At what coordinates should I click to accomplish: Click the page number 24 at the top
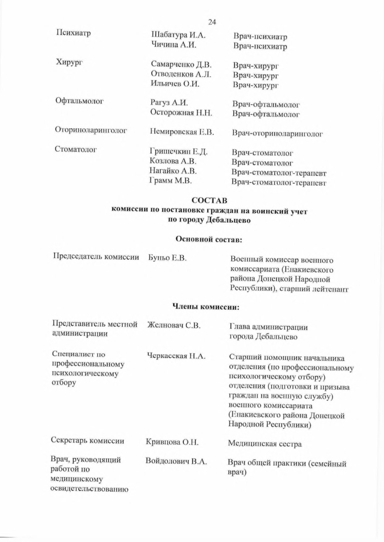212,22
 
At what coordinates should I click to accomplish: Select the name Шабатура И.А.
178,35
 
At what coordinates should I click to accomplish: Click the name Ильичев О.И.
175,83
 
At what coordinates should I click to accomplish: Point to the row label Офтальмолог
79,101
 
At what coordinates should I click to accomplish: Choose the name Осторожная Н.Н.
181,112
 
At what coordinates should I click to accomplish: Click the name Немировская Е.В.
182,132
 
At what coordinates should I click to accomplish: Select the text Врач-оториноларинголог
277,133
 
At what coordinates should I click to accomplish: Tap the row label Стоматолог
76,149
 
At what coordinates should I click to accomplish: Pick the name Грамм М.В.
171,180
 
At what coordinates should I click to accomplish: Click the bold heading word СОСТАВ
209,200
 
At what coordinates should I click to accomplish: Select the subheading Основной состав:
208,239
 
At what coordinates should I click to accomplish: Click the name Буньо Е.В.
167,258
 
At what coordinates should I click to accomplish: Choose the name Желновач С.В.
174,325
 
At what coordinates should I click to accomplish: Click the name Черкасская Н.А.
176,356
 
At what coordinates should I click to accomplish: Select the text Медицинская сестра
265,444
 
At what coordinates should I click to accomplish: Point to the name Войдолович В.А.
176,461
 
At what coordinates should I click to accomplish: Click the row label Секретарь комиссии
87,441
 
